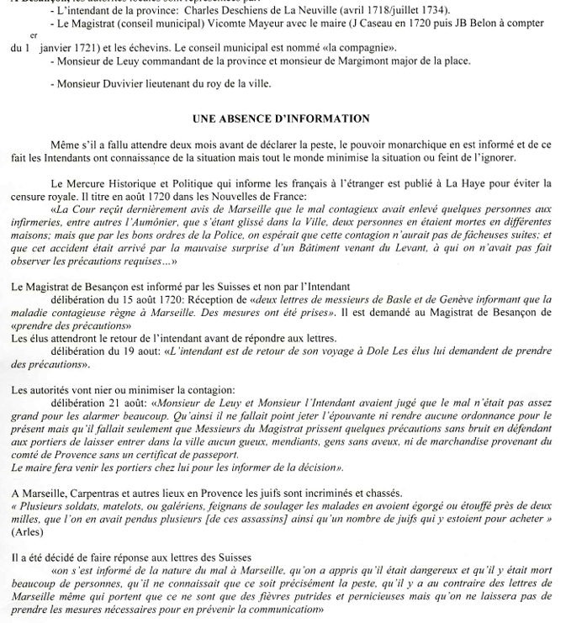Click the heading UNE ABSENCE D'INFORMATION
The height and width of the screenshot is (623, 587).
[x=293, y=119]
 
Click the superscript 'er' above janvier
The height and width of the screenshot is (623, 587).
[x=34, y=37]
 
